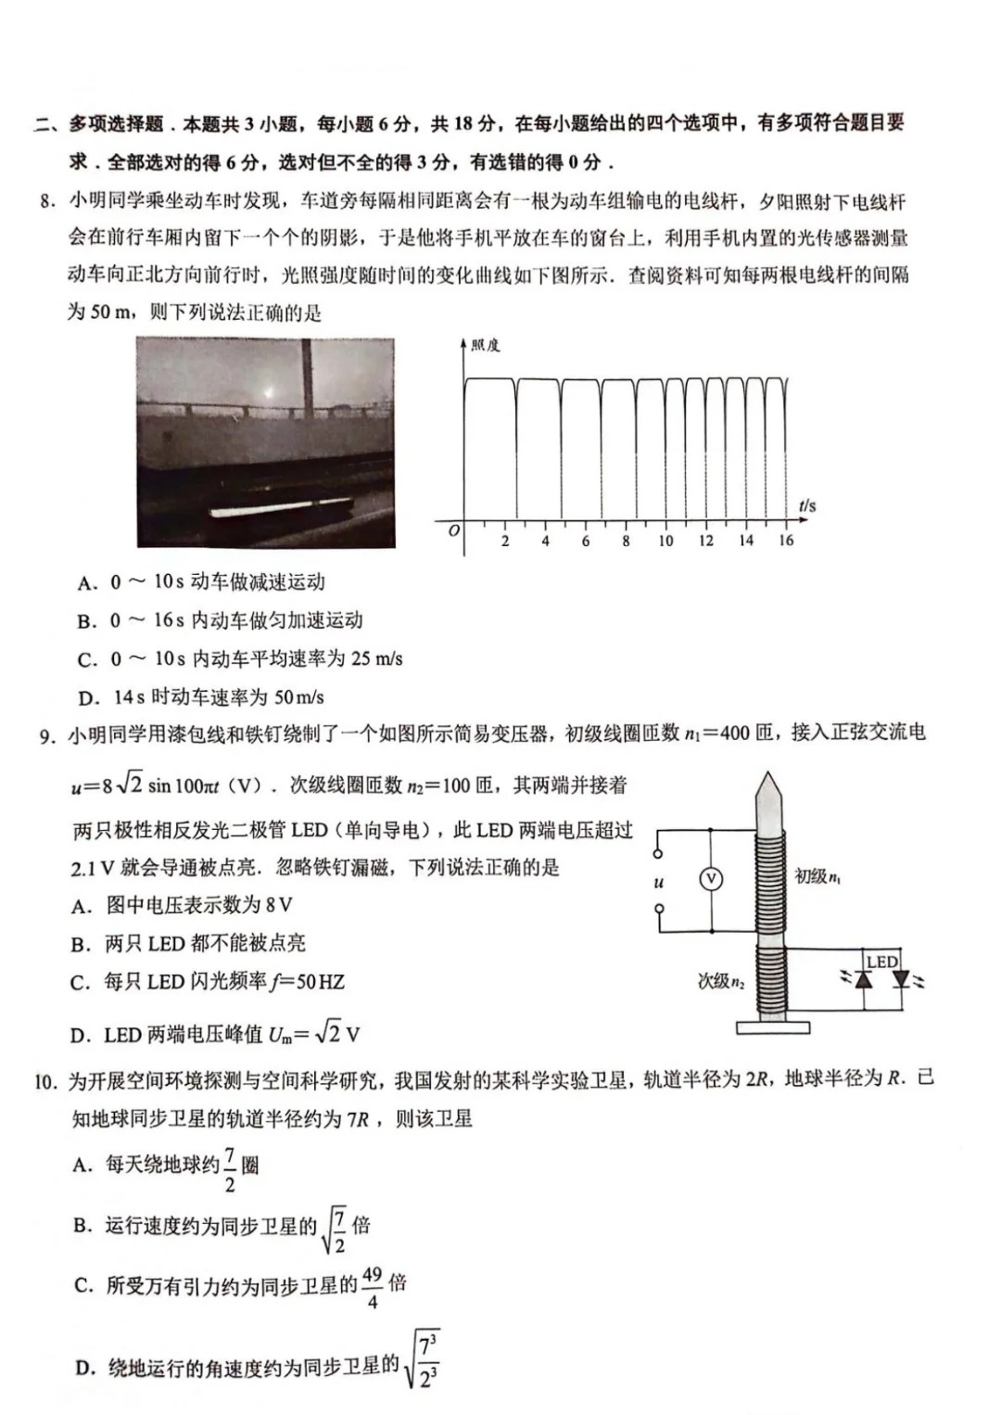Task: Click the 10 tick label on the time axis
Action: tap(665, 541)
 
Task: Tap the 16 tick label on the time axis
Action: tap(786, 541)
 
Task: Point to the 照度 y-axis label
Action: tap(485, 346)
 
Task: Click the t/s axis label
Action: tap(806, 505)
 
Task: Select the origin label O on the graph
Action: tap(453, 531)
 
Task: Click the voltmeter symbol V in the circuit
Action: tap(711, 879)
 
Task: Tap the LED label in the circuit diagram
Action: tap(881, 962)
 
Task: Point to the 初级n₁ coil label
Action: tap(817, 876)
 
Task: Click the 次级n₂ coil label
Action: tap(721, 981)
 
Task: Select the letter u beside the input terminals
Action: tap(659, 882)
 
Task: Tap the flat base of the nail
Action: tap(772, 1027)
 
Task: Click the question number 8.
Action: tap(48, 201)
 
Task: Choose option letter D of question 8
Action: tap(88, 698)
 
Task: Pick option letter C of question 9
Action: tap(81, 983)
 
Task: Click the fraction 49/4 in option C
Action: tap(372, 1287)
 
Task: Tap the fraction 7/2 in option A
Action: tap(230, 1169)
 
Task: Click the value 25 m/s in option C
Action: tap(374, 659)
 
